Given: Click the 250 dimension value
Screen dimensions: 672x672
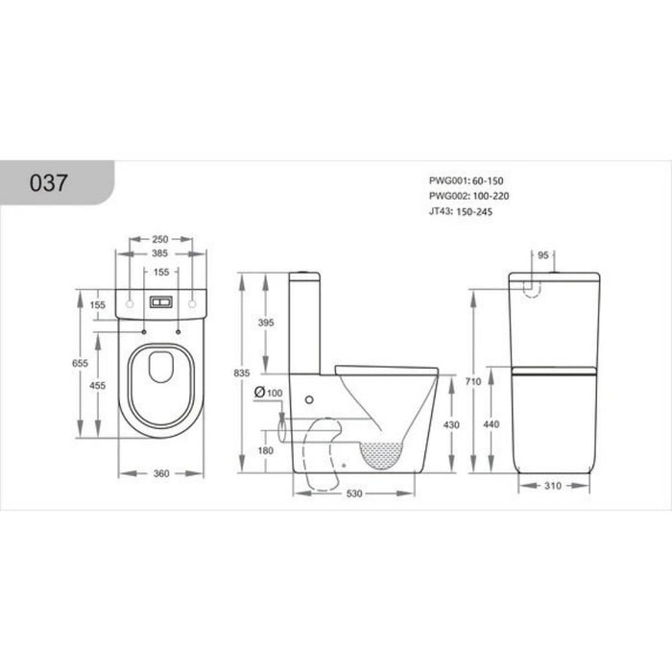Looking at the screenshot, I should click(160, 240).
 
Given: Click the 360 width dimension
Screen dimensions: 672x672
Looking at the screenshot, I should click(160, 472).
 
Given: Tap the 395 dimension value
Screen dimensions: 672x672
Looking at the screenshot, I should click(268, 323).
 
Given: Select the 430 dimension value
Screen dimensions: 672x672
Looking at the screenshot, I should click(451, 423).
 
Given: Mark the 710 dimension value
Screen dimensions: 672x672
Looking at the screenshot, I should click(470, 382).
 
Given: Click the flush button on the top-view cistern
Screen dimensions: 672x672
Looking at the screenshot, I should click(160, 301).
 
